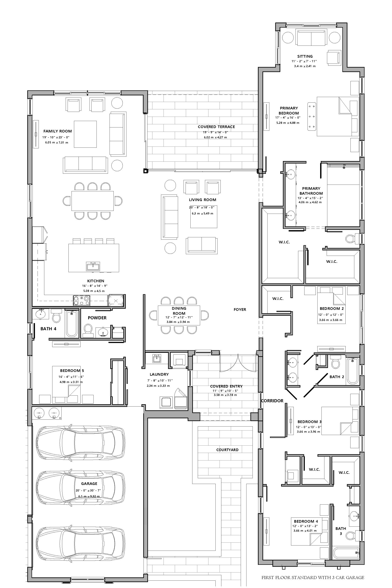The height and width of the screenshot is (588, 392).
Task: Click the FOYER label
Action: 240,309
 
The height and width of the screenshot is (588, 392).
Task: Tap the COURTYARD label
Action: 227,450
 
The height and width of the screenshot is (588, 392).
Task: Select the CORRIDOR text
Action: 272,401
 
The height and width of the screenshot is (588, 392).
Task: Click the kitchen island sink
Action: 93,266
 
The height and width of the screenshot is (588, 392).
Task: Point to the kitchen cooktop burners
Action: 82,300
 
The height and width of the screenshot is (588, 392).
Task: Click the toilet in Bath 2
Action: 336,362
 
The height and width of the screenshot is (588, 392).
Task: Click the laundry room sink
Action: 157,358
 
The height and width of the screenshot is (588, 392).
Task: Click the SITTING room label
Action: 305,56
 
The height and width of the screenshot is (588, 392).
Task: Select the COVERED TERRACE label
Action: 216,127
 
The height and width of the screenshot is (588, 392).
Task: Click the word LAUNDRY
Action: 159,374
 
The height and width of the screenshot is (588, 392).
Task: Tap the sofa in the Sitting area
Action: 311,37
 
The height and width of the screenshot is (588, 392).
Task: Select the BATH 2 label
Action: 336,377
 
